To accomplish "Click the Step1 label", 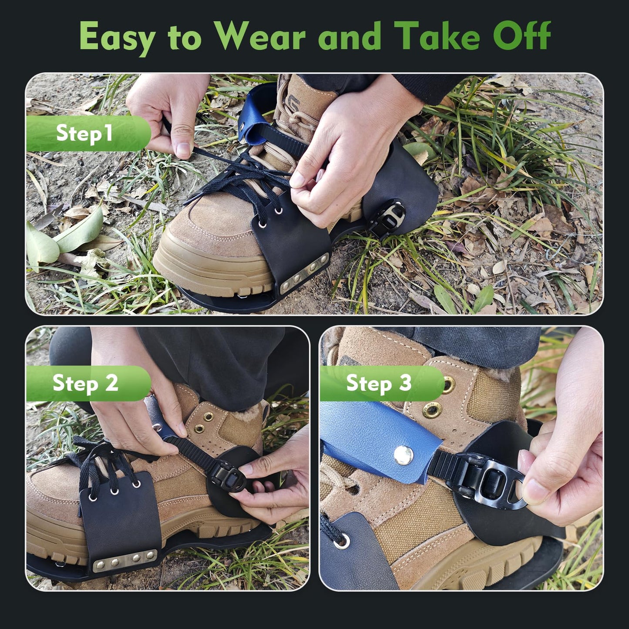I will (84, 133).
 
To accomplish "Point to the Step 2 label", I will (85, 383).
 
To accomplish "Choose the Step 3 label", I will (379, 383).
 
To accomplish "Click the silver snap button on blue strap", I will (401, 455).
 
